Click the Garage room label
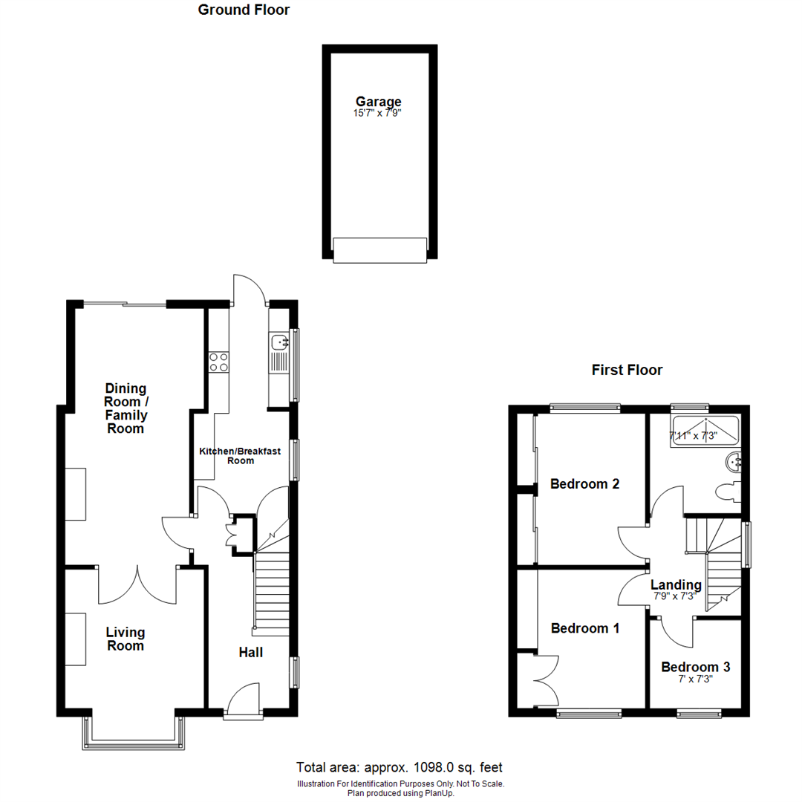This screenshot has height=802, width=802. click(378, 102)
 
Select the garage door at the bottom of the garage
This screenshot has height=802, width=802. click(379, 250)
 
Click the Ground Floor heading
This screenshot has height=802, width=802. click(244, 10)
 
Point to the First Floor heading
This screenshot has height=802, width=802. click(627, 370)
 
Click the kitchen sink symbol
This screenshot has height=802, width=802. click(280, 342)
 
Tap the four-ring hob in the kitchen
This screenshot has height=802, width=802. click(219, 362)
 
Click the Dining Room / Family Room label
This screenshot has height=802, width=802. click(125, 408)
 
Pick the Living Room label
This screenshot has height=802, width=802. click(125, 639)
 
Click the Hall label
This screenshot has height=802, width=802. click(250, 652)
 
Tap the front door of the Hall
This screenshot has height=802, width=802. click(244, 702)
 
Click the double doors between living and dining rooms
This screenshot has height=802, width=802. click(137, 585)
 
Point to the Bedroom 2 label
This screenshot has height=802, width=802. click(584, 484)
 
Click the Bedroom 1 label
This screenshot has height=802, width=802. click(584, 628)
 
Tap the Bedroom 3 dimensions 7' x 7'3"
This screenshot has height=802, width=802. click(696, 679)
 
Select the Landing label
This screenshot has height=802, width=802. click(676, 584)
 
